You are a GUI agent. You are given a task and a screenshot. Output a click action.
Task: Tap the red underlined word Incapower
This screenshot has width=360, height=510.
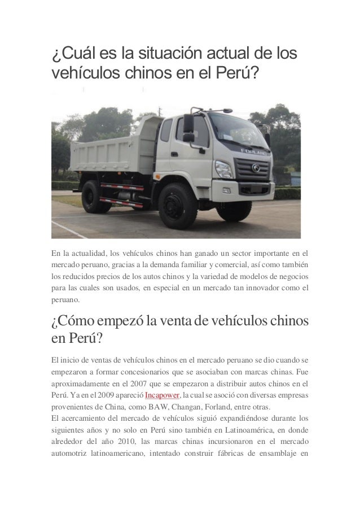coord(163,394)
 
